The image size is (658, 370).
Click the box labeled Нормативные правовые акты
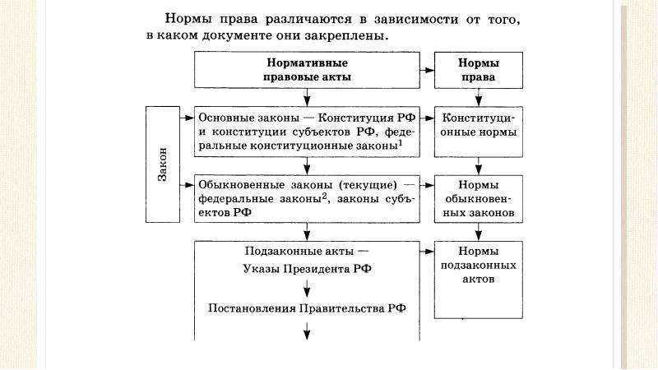[307, 70]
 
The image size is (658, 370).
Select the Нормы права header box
[479, 70]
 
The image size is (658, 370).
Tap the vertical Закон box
[163, 164]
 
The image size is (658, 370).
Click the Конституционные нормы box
[479, 132]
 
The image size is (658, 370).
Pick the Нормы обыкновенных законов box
[479, 199]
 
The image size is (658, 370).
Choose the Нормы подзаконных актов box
[479, 280]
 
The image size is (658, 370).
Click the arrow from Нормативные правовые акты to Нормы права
[427, 70]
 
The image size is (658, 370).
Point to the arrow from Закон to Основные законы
[188, 118]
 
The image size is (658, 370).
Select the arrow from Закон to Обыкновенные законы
[188, 185]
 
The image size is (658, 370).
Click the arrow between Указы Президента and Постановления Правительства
[307, 289]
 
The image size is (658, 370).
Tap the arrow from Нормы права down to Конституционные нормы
[479, 97]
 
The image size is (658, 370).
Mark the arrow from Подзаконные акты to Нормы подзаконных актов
[427, 252]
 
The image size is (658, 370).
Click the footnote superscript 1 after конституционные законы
[401, 143]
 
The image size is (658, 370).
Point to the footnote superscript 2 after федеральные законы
[324, 196]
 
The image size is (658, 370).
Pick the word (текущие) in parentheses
[368, 185]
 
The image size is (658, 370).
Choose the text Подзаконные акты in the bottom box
[299, 252]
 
